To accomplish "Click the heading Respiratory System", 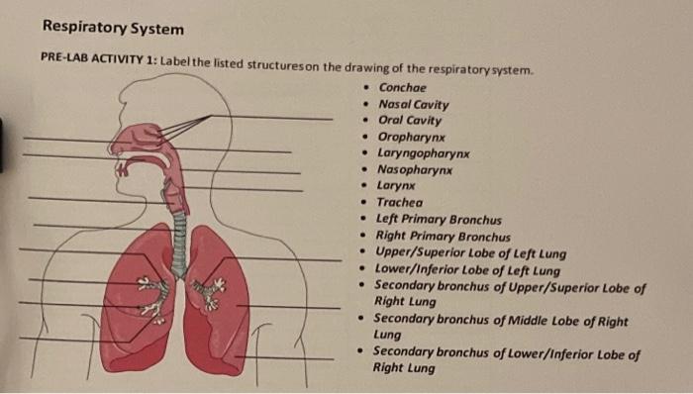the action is (x=113, y=29).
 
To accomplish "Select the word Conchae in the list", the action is (x=402, y=88).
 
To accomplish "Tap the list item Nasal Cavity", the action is (x=413, y=105).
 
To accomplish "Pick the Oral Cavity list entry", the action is (x=410, y=121).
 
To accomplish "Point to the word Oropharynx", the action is (x=412, y=138).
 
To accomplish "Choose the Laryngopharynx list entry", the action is (x=424, y=153).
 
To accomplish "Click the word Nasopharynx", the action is (x=415, y=170).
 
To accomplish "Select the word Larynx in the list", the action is (x=396, y=186).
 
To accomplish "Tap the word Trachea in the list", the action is (x=400, y=203).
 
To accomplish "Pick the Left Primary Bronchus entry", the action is (x=439, y=220).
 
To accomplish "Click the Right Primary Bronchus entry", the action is (x=443, y=237).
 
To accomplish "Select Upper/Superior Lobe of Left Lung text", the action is (x=470, y=253).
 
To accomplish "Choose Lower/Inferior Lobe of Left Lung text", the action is (x=467, y=269).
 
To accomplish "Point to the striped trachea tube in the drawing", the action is (x=179, y=246).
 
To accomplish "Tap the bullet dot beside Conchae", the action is (x=365, y=87).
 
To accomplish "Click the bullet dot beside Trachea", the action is (x=363, y=202).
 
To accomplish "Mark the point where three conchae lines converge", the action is (x=211, y=116).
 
